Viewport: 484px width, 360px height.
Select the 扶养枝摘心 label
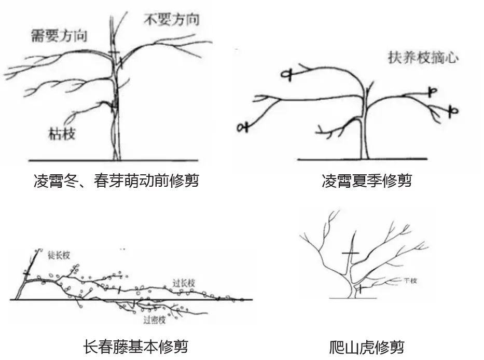click(423, 58)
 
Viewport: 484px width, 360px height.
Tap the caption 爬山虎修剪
click(366, 344)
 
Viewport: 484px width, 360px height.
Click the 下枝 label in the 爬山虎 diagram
click(410, 281)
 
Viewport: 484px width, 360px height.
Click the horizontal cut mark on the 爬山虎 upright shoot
click(351, 253)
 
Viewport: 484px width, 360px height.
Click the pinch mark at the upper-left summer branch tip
click(286, 75)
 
